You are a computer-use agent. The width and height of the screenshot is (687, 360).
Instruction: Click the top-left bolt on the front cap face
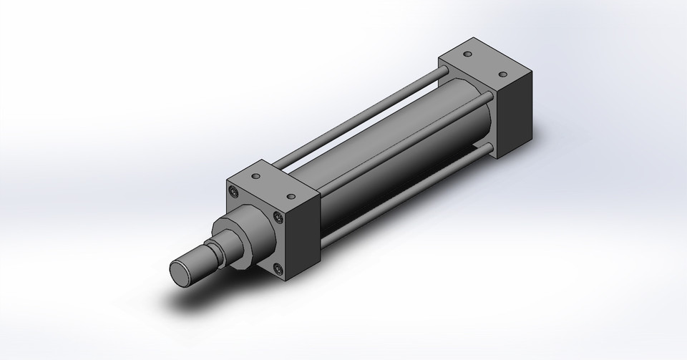point(235,191)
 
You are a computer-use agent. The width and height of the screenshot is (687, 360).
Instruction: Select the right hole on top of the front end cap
point(291,195)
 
